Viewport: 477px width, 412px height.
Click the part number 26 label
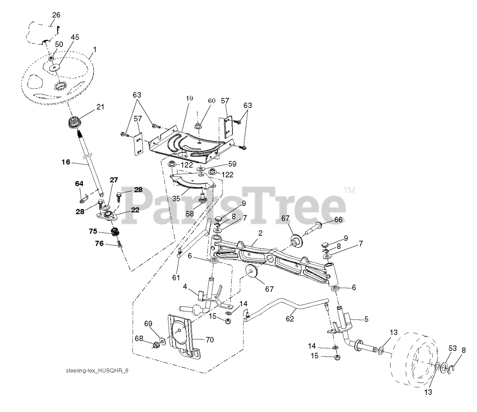56,15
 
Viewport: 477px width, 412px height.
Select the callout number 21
100,107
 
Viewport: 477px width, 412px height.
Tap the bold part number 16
66,162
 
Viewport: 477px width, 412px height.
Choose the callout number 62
290,319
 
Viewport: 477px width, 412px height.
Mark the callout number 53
452,348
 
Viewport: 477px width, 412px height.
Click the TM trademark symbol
349,190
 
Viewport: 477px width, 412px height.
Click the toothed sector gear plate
192,179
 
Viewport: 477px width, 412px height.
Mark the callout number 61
176,278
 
